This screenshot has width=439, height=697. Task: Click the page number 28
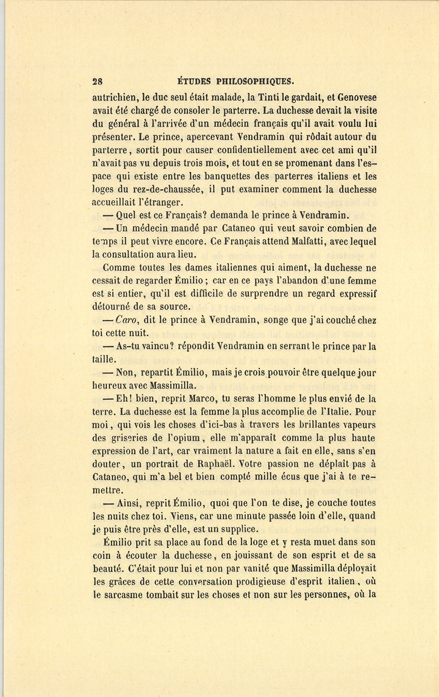(x=97, y=82)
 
